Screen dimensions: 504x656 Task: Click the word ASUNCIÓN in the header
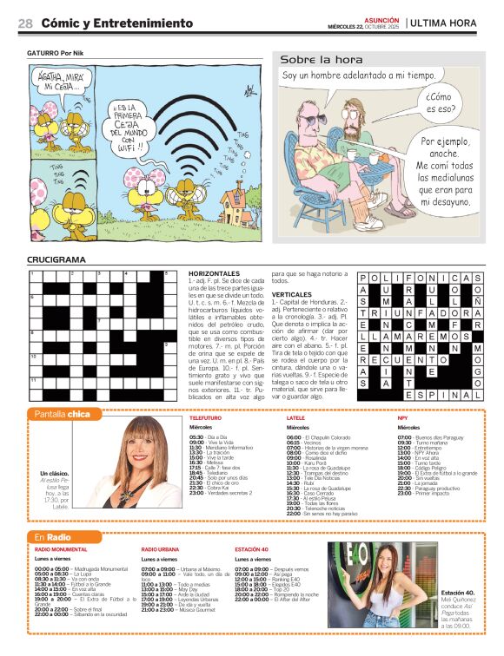pyautogui.click(x=381, y=18)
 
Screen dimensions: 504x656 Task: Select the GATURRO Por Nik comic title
pyautogui.click(x=56, y=54)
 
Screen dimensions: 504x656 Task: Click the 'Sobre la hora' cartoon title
pyautogui.click(x=315, y=59)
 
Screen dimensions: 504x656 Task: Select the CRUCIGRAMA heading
pyautogui.click(x=56, y=259)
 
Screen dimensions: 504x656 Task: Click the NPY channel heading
pyautogui.click(x=402, y=417)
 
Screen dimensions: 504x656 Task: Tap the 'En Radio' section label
pyautogui.click(x=52, y=537)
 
